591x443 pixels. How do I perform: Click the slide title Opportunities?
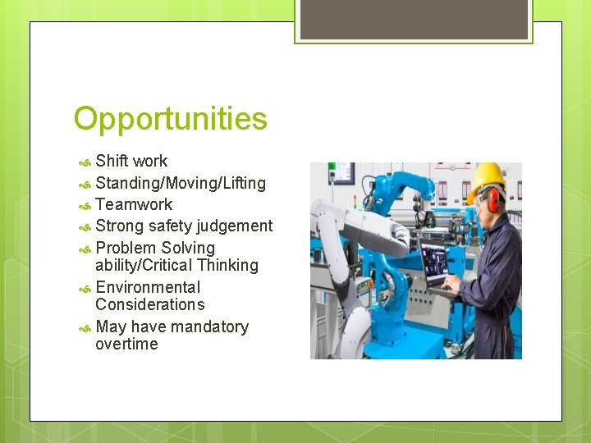pyautogui.click(x=170, y=119)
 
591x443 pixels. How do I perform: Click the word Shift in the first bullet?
pyautogui.click(x=112, y=161)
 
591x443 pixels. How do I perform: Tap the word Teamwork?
pyautogui.click(x=134, y=204)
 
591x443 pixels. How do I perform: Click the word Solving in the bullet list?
pyautogui.click(x=188, y=248)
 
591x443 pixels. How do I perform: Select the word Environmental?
pyautogui.click(x=148, y=287)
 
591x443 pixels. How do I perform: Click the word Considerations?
pyautogui.click(x=150, y=304)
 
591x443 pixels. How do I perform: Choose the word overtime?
pyautogui.click(x=126, y=344)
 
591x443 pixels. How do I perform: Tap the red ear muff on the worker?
pyautogui.click(x=494, y=199)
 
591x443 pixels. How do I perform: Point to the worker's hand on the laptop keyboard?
pyautogui.click(x=450, y=285)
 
